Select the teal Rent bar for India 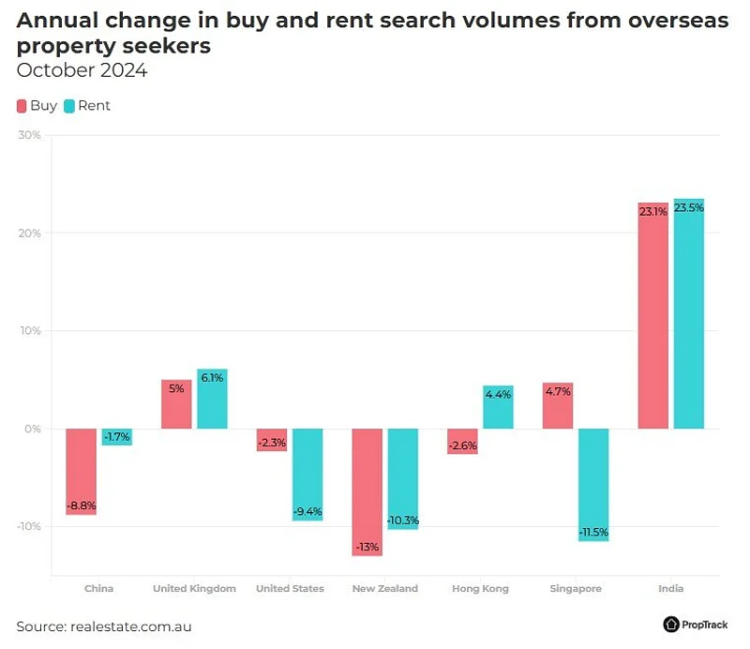point(688,314)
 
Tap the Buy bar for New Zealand point(367,491)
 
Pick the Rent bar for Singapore point(592,484)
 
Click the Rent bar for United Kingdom point(212,399)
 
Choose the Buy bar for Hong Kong point(462,441)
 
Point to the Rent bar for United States point(307,474)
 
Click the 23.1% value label point(652,212)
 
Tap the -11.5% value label point(592,533)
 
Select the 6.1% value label point(212,378)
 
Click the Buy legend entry point(37,106)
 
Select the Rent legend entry point(86,106)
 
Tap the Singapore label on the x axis point(576,589)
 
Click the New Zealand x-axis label point(384,589)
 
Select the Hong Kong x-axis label point(480,589)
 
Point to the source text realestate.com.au point(130,626)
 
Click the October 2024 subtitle point(82,70)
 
